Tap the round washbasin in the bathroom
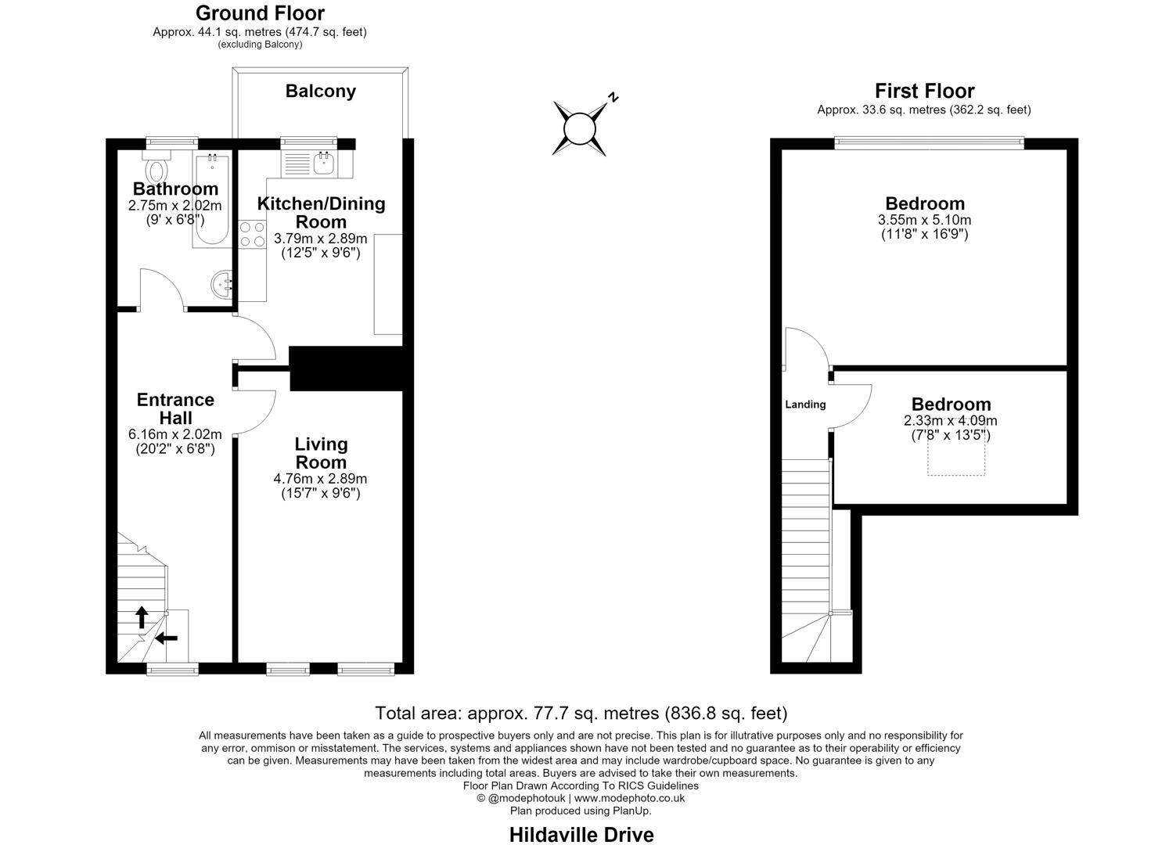[x=222, y=284]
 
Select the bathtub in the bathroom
[x=212, y=200]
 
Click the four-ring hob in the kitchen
[x=252, y=234]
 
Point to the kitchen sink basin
[x=324, y=164]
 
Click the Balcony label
[x=321, y=91]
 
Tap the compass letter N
[x=613, y=97]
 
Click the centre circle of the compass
[x=580, y=128]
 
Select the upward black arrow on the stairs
[x=142, y=617]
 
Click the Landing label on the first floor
[x=805, y=405]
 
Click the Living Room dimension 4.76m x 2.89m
[x=320, y=478]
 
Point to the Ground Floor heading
[x=260, y=13]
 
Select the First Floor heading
[x=924, y=91]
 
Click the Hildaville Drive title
[x=581, y=835]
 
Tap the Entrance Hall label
[x=175, y=408]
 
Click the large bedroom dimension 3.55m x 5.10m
[x=924, y=220]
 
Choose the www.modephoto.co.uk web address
[x=629, y=798]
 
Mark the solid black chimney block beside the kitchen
[x=346, y=369]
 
